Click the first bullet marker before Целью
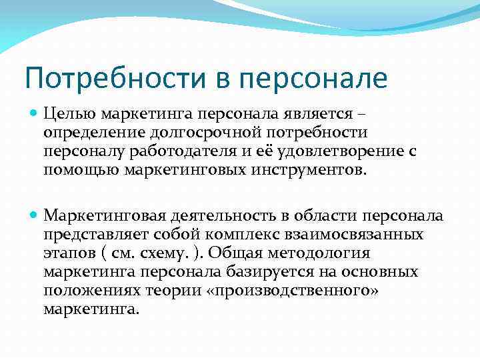tap(35, 114)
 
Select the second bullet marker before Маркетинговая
tap(35, 215)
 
